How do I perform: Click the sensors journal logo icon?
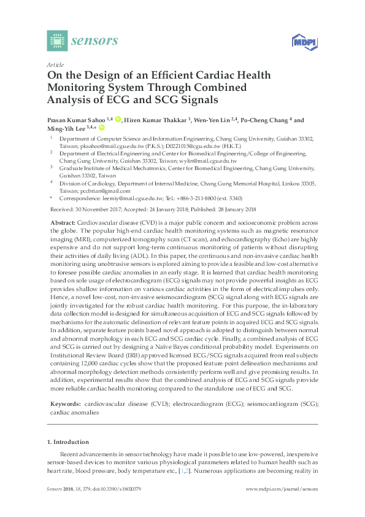[57, 41]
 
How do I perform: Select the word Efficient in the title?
[181, 76]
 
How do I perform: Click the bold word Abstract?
[63, 222]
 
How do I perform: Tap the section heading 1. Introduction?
[67, 441]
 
